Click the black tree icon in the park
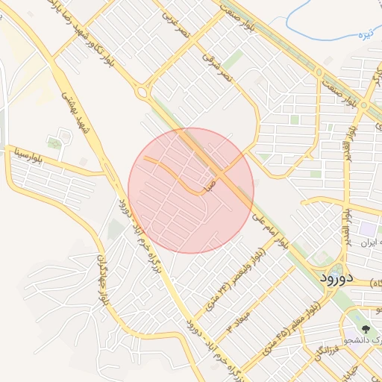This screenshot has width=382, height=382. click(366, 328)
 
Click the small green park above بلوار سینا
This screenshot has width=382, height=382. click(54, 142)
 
